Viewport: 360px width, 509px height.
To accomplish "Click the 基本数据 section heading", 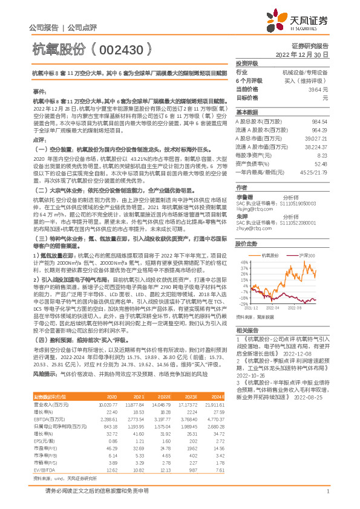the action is (x=247, y=112).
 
